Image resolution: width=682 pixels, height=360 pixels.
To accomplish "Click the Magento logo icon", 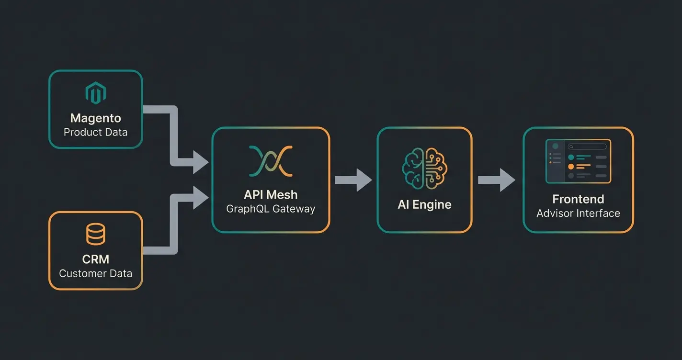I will tap(95, 93).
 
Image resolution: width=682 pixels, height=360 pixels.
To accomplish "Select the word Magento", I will tap(95, 118).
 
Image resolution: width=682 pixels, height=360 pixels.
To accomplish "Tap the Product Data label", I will tap(95, 132).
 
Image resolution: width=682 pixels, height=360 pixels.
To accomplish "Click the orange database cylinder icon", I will tap(95, 234).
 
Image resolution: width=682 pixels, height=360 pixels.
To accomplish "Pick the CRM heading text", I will tap(95, 259).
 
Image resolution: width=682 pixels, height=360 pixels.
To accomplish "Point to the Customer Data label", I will tap(95, 273).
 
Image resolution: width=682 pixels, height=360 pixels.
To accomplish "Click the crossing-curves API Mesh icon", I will tap(271, 161).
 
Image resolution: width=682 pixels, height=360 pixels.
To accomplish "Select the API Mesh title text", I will tap(271, 194).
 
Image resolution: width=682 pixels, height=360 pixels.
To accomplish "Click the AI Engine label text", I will tap(424, 204).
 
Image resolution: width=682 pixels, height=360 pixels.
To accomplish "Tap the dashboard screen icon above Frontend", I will tap(578, 161).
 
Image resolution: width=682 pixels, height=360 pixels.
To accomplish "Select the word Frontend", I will tap(578, 199).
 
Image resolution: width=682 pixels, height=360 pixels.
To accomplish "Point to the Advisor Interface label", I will tap(578, 213).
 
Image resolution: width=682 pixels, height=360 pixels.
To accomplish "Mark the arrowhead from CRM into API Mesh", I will tap(200, 197).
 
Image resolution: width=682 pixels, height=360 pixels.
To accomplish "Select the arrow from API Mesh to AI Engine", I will tap(353, 180).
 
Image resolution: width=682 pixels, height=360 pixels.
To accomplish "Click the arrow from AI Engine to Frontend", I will tap(497, 180).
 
